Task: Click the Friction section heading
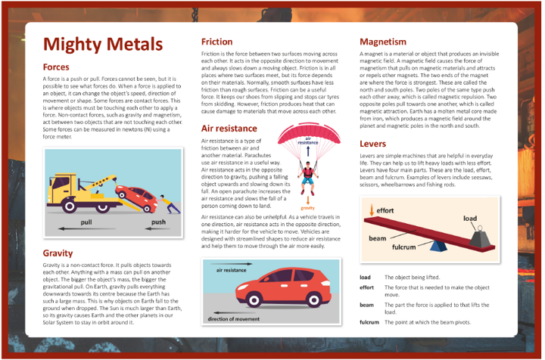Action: pos(221,42)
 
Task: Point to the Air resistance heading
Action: pos(233,129)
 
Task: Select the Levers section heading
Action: pos(373,143)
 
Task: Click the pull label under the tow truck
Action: pos(86,223)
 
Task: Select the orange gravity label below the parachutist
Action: pos(307,206)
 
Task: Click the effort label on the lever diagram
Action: pos(385,209)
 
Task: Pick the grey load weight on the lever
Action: pos(481,237)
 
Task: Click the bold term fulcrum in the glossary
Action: pos(369,323)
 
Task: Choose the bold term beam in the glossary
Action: pos(367,304)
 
